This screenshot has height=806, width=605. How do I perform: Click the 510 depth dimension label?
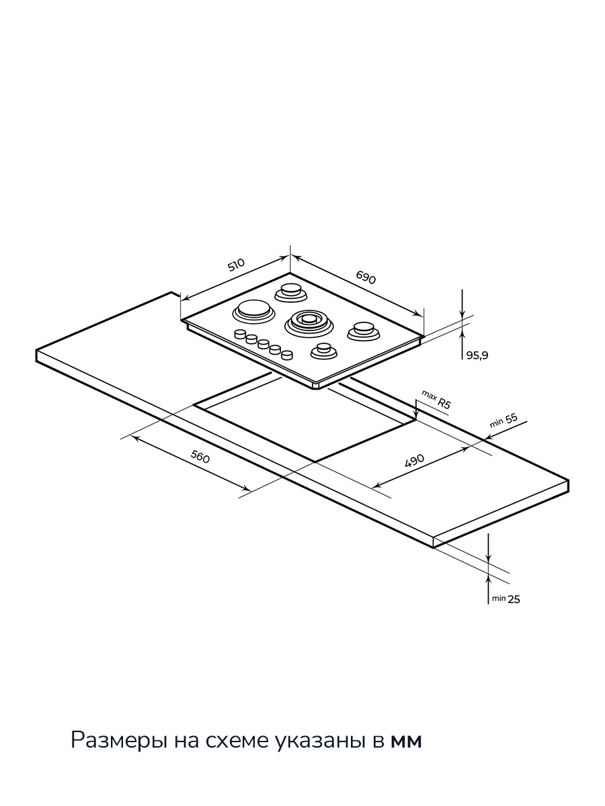[236, 265]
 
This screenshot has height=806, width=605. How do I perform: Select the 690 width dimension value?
[366, 277]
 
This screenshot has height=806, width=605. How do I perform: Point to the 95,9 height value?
[477, 355]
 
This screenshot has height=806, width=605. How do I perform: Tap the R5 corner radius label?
[444, 404]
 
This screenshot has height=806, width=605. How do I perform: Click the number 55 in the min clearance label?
[511, 418]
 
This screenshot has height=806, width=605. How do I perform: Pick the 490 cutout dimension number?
[414, 461]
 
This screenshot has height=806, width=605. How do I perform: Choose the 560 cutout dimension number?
[200, 457]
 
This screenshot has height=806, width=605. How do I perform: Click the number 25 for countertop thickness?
[514, 599]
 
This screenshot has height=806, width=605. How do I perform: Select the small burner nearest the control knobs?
[324, 351]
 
